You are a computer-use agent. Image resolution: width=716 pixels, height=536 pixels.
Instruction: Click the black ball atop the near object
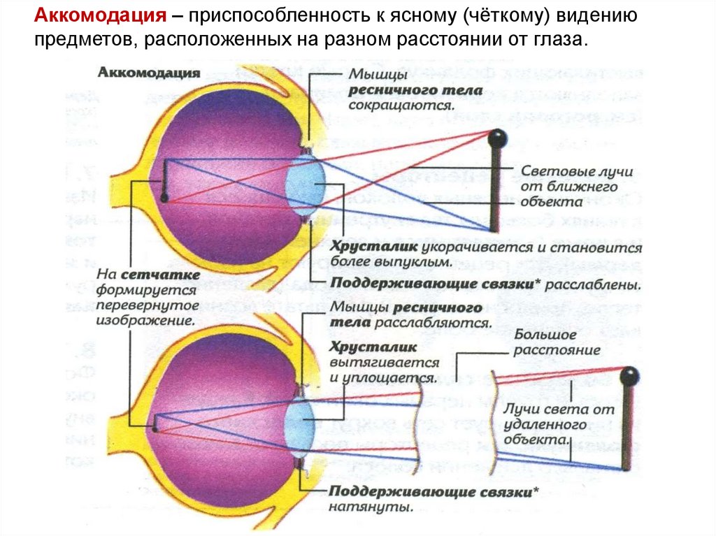[x=497, y=138]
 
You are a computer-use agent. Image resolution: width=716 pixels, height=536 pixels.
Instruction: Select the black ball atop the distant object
[x=630, y=377]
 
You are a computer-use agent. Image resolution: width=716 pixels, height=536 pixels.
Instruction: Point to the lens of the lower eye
[x=303, y=423]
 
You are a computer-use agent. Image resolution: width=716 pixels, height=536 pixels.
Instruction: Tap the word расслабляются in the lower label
[x=431, y=324]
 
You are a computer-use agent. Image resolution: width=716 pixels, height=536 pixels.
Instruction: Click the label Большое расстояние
[x=557, y=342]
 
